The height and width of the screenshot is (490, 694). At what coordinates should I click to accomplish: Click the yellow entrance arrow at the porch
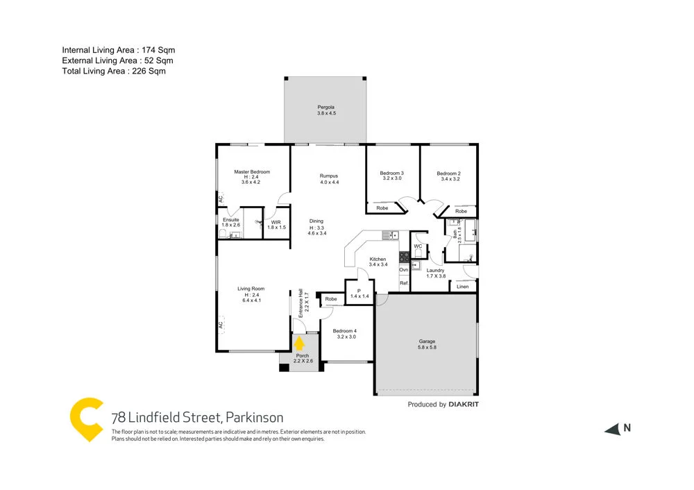pos(300,343)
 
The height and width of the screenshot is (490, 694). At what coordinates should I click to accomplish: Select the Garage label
pos(427,341)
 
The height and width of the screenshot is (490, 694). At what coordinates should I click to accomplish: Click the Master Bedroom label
pos(251,172)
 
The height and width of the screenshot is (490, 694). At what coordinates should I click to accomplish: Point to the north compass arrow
pos(612,429)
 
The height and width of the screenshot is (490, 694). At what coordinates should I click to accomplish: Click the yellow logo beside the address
pos(87,420)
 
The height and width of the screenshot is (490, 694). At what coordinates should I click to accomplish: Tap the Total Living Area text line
pos(114,71)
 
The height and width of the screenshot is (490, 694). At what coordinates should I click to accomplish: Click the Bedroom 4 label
pos(346,330)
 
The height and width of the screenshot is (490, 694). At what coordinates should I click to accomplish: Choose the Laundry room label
pos(435,270)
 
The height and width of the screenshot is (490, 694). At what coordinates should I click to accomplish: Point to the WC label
pos(418,246)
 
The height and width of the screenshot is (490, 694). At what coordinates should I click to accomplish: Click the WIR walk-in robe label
pos(276,222)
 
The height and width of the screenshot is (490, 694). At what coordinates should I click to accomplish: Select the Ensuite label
pos(231,219)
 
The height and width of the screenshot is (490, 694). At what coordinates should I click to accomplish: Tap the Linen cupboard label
pos(463,286)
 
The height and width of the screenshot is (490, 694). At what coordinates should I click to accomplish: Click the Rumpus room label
pos(329,176)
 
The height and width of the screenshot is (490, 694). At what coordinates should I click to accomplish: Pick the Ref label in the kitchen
pos(403,282)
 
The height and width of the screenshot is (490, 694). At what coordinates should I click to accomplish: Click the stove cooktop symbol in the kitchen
pos(403,257)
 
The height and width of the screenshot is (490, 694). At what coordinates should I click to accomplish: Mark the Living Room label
pos(251,289)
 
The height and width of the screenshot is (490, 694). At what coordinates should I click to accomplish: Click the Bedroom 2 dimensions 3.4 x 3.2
pos(450,179)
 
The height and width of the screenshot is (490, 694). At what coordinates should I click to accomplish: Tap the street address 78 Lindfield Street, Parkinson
pos(197,417)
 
